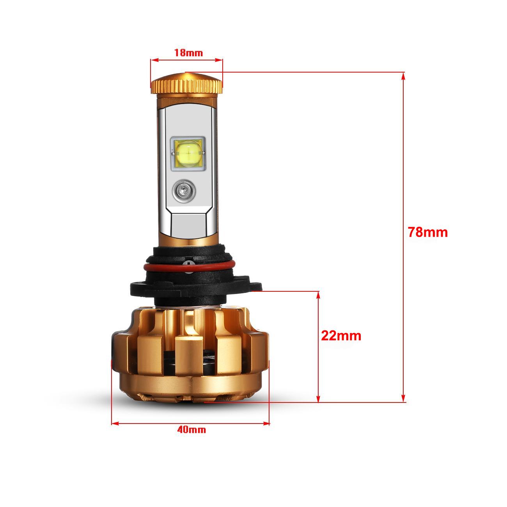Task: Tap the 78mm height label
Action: [428, 232]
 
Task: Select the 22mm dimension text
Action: [341, 335]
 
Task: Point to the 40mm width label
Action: [191, 430]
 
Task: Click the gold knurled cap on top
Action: [186, 85]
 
